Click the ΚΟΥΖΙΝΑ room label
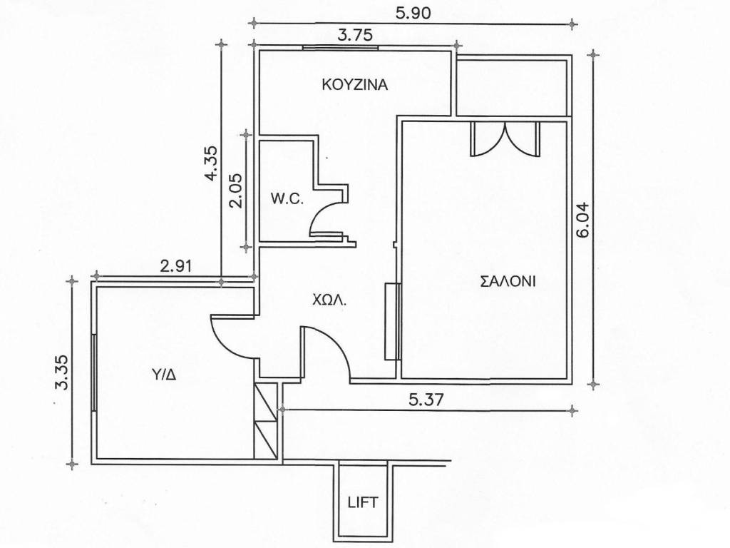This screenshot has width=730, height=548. coord(355,85)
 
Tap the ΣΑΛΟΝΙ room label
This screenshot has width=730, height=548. coord(508,281)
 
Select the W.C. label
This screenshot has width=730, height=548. coord(287,200)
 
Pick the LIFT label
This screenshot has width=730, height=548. coord(363,502)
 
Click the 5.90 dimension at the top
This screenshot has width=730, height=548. coord(413,14)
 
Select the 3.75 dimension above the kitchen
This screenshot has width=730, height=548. coord(355,36)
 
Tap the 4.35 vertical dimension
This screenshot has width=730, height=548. coord(210,163)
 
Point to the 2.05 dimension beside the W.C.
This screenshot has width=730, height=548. coord(235,191)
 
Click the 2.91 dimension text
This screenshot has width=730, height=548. coord(175,267)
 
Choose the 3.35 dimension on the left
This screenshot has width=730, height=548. coord(61,372)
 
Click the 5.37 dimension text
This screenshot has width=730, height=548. coord(424,400)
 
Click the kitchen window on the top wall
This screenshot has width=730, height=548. coord(340,47)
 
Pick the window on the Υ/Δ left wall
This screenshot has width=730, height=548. coord(93,372)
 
